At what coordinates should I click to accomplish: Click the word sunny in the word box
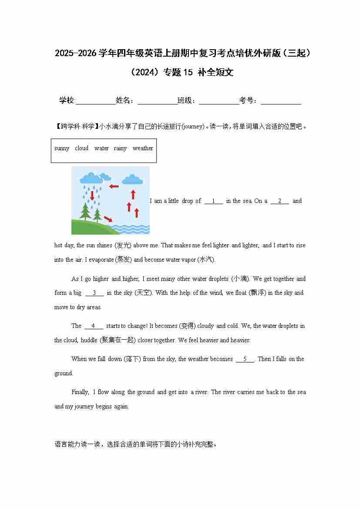[62, 148]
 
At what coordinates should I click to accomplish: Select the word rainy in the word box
[120, 148]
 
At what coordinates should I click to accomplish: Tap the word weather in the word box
[143, 148]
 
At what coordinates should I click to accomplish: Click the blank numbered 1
[214, 201]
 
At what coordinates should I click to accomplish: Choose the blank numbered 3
[94, 293]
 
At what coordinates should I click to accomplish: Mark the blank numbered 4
[94, 326]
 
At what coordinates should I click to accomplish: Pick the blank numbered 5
[245, 359]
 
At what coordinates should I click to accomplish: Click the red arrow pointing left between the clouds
[114, 186]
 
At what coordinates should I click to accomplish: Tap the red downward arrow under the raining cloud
[92, 196]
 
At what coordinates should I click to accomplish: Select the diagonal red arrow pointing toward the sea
[108, 219]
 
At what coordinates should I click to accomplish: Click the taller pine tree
[85, 211]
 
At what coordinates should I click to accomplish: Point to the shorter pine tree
[98, 215]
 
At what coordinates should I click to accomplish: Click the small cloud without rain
[132, 179]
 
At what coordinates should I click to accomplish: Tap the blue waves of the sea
[131, 229]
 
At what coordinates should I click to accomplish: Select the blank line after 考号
[281, 101]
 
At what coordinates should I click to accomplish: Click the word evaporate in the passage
[101, 260]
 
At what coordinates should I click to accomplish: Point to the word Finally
[80, 392]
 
